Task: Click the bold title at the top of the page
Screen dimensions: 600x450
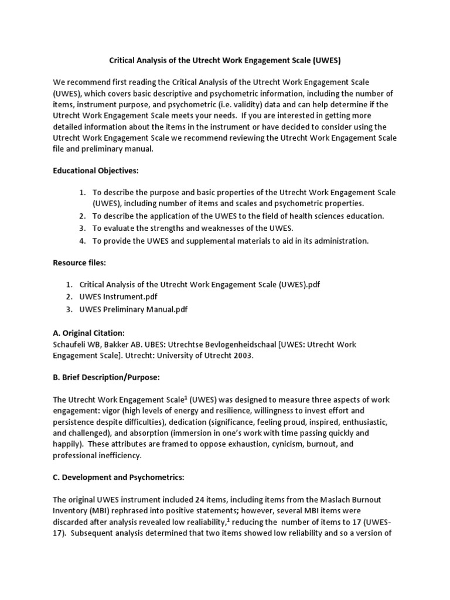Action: tap(225, 60)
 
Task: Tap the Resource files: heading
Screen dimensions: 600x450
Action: tap(79, 263)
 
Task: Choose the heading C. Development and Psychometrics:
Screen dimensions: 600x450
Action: tap(118, 478)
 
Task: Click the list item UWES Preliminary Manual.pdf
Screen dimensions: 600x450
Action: tap(134, 309)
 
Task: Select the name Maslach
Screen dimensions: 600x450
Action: tap(335, 500)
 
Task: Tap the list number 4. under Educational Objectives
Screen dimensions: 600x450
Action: tap(83, 241)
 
